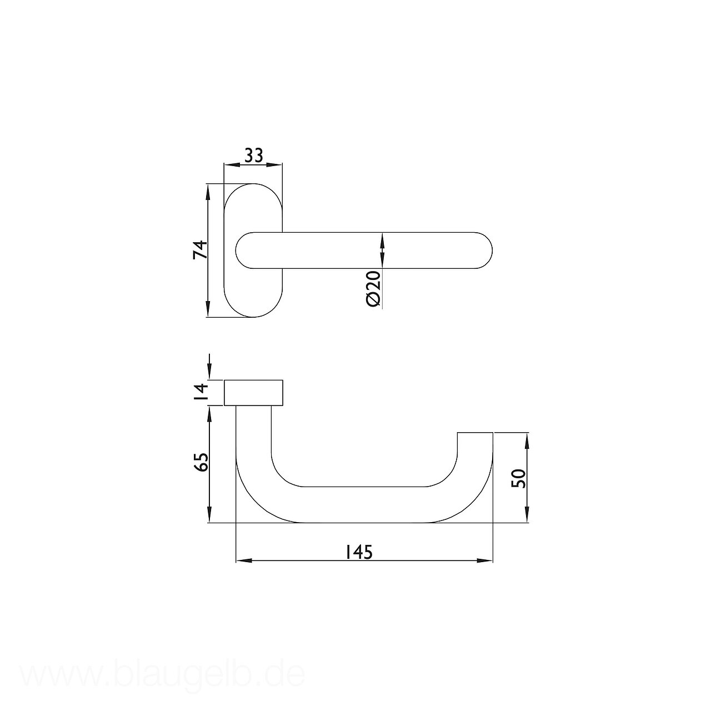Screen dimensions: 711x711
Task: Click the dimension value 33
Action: click(253, 156)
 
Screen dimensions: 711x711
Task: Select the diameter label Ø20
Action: click(373, 288)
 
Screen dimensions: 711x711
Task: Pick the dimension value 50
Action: click(519, 479)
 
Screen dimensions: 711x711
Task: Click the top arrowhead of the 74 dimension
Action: click(208, 192)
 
